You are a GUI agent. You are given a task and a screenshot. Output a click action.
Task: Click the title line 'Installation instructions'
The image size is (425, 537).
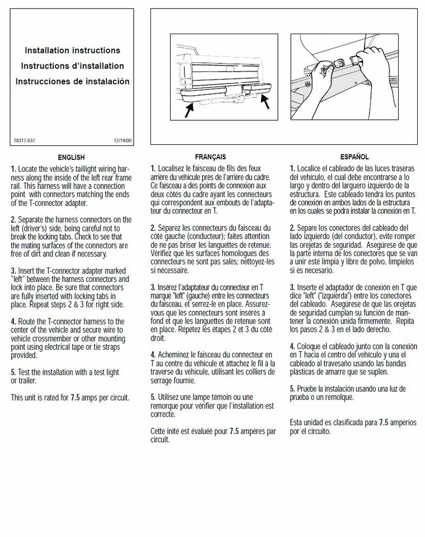click(72, 50)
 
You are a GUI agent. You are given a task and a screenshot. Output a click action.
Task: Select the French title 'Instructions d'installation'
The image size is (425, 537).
click(72, 66)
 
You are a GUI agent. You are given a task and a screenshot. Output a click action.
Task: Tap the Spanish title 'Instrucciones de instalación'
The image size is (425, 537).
click(72, 81)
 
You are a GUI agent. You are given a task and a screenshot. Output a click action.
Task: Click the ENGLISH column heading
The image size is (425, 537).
click(71, 157)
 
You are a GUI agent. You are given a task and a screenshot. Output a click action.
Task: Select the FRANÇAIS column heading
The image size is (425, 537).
click(210, 157)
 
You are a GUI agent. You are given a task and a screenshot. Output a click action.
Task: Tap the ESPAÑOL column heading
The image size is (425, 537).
click(355, 157)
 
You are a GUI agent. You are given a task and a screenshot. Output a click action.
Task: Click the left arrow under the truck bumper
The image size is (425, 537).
click(189, 111)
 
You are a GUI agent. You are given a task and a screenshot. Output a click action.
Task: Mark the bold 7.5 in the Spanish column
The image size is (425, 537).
click(384, 423)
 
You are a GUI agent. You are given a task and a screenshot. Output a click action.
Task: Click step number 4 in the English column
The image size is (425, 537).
click(13, 322)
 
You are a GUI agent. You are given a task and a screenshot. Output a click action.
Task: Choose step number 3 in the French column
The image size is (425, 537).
click(153, 288)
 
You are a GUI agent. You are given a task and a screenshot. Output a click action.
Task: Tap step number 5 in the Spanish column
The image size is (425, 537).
click(292, 389)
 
